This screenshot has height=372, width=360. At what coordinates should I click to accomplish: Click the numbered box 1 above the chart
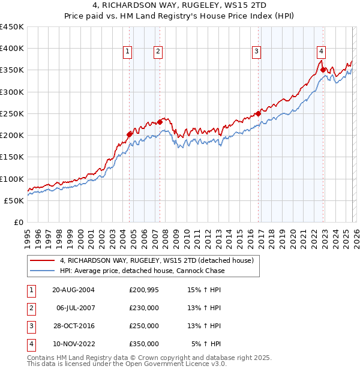(x=128, y=52)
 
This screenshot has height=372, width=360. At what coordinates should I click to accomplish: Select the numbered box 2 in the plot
(x=158, y=52)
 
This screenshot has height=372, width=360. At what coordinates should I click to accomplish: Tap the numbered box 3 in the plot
(x=256, y=52)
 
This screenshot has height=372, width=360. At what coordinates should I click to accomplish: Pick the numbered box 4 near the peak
(x=322, y=52)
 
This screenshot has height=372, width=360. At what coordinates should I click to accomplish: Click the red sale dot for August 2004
(x=129, y=134)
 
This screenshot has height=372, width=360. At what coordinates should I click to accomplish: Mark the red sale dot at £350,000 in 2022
(x=323, y=70)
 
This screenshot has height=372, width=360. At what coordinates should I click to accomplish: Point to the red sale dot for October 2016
(x=258, y=113)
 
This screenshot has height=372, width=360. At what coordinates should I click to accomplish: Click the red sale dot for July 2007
(x=160, y=122)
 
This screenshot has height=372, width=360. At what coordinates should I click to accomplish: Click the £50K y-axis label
(x=13, y=200)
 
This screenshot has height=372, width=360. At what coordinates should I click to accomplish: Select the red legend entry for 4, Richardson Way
(x=157, y=260)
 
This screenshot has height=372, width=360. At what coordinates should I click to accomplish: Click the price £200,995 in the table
(x=144, y=290)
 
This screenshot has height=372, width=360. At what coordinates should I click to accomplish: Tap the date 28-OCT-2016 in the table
(x=73, y=326)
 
